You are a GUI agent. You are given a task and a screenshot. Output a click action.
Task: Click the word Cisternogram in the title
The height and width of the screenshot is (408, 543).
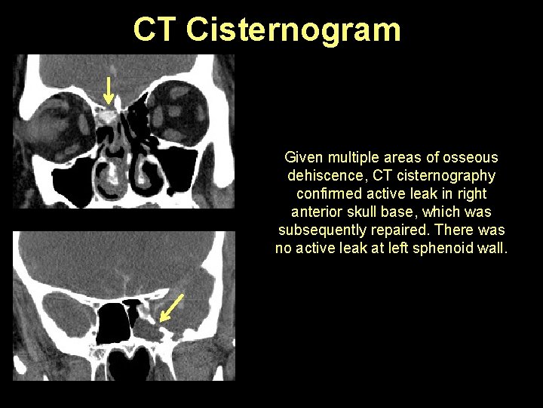[293, 30]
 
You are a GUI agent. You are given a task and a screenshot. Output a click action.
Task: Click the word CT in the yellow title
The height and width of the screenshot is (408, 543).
[156, 30]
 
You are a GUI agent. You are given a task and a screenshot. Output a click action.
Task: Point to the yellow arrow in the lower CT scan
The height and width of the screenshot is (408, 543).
[172, 307]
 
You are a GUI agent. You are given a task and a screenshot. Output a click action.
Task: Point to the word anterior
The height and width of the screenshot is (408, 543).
[315, 212]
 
